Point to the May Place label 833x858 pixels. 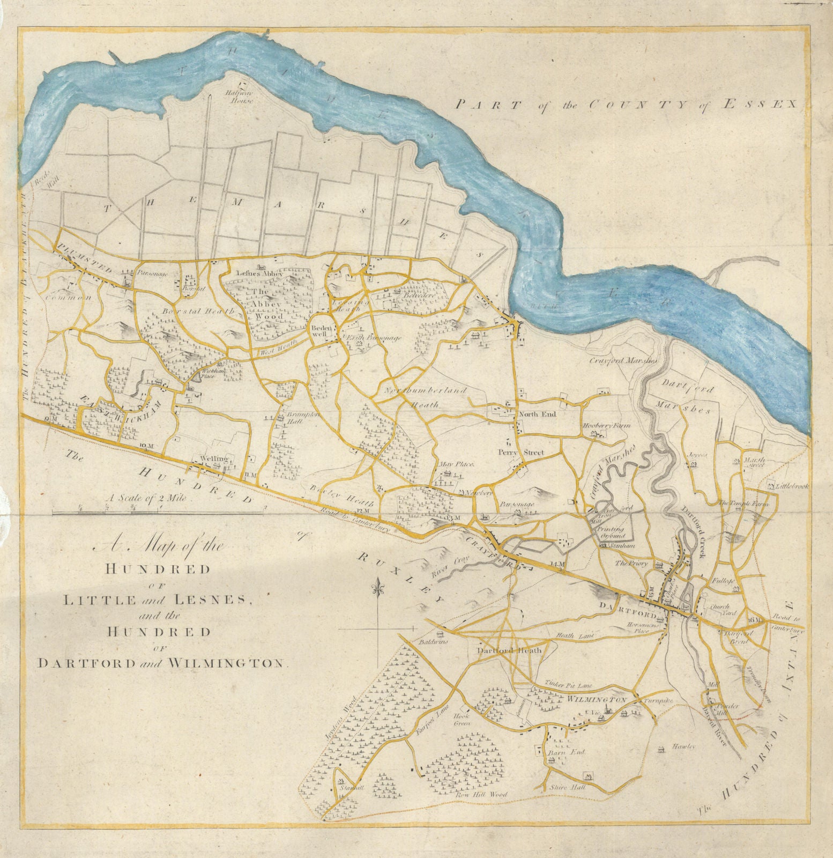point(456,464)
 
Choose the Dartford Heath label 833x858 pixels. point(509,650)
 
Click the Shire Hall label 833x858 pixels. point(568,788)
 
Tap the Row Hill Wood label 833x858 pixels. point(481,794)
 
